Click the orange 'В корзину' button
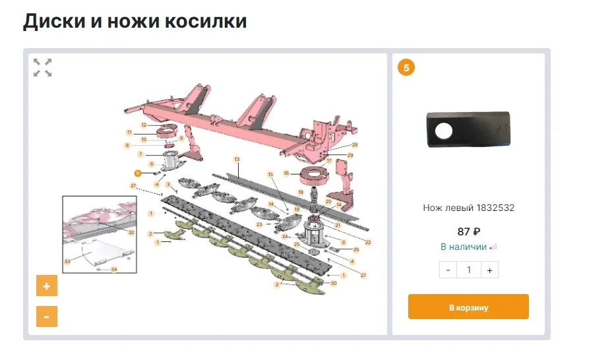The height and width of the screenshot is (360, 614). tap(468, 307)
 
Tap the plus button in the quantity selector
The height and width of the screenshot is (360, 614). tap(489, 270)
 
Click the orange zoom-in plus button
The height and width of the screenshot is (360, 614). tap(46, 286)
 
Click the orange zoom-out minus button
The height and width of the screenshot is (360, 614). tap(46, 316)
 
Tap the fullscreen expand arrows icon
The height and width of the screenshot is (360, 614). tap(43, 67)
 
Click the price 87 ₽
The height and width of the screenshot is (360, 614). tap(468, 231)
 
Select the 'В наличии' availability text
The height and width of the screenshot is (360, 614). tap(463, 247)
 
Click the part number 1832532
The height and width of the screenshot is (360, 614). tap(495, 208)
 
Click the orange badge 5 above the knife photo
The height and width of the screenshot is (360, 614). tap(406, 67)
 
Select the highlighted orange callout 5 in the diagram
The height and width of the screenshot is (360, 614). tap(137, 173)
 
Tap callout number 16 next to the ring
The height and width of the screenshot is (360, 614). tap(286, 173)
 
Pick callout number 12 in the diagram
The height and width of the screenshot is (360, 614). tap(144, 125)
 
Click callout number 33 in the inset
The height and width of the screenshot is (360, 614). tap(67, 262)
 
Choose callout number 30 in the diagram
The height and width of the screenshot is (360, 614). tap(334, 283)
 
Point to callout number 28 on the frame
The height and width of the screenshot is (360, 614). tap(355, 144)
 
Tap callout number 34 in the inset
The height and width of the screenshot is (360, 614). tap(113, 270)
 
